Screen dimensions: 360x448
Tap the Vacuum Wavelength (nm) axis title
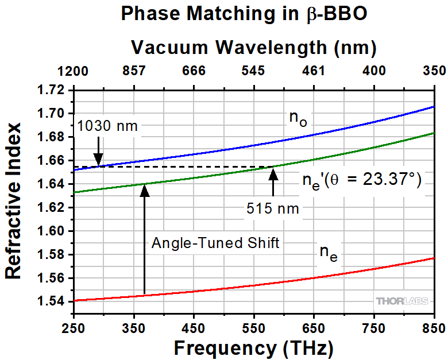(253, 48)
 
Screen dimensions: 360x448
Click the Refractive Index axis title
(13, 200)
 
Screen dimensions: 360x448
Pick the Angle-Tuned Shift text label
(215, 243)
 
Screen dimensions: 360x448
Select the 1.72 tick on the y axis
(53, 90)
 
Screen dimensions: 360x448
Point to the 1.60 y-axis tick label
(53, 231)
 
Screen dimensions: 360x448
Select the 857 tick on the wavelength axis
(134, 71)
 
